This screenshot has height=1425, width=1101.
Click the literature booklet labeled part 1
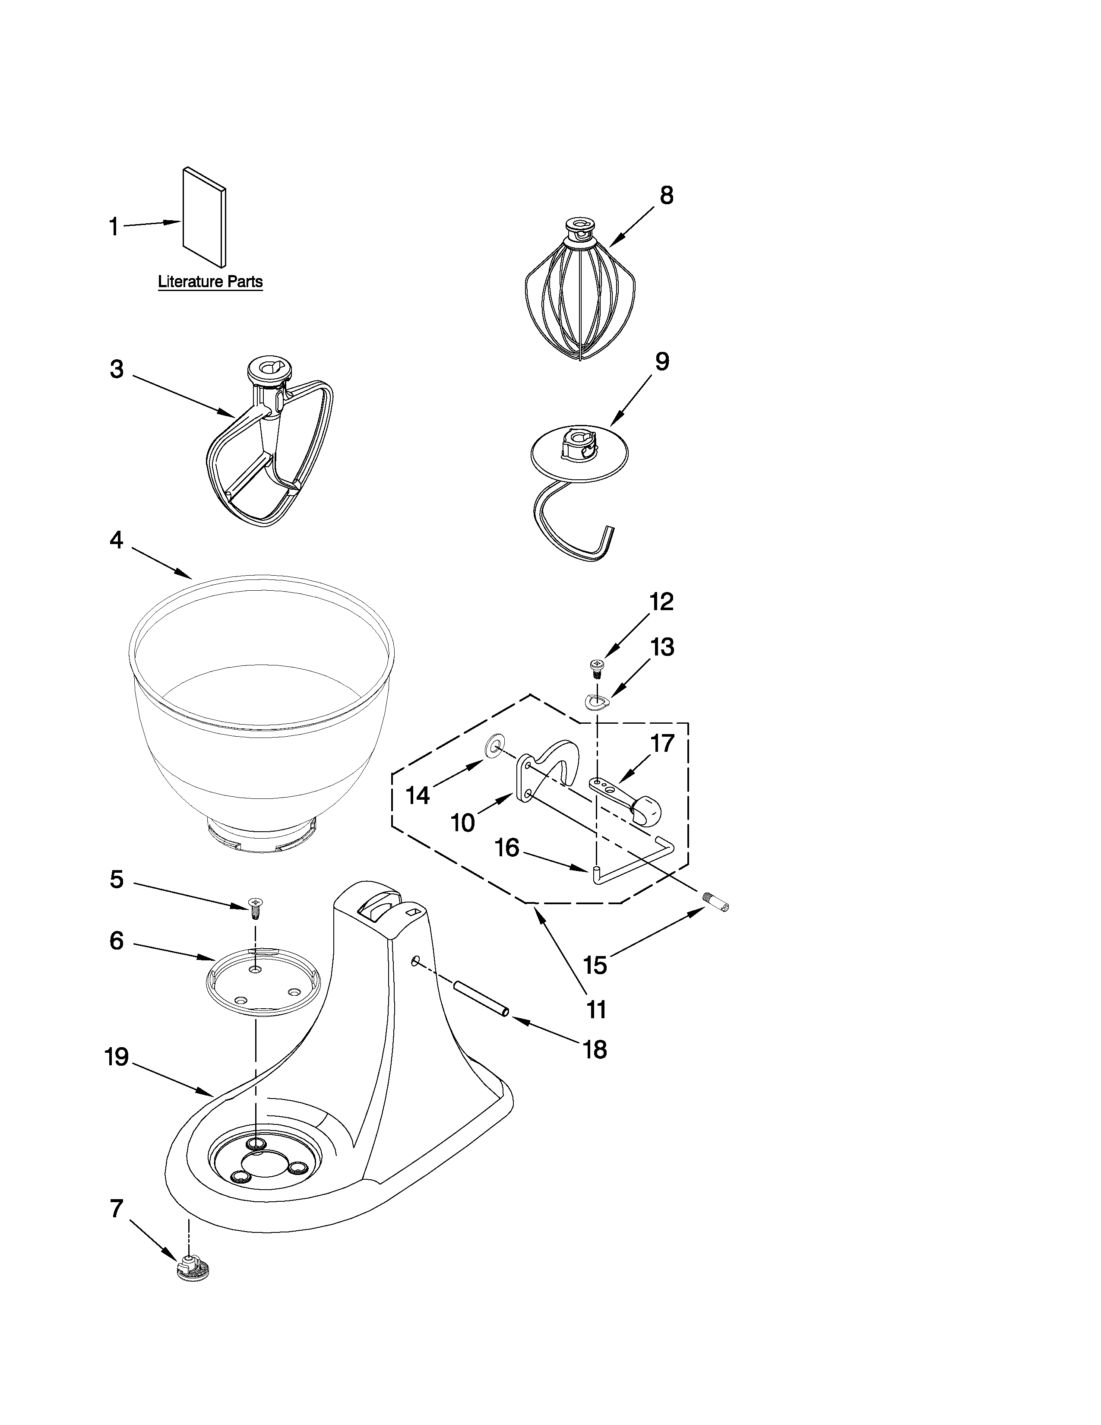click(205, 218)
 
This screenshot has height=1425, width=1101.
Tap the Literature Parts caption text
click(210, 282)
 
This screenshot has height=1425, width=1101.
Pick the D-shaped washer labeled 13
click(595, 701)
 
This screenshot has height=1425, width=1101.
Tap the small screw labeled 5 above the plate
click(255, 906)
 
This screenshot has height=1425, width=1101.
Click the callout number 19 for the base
click(117, 1057)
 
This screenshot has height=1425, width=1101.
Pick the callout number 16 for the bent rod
click(507, 848)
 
